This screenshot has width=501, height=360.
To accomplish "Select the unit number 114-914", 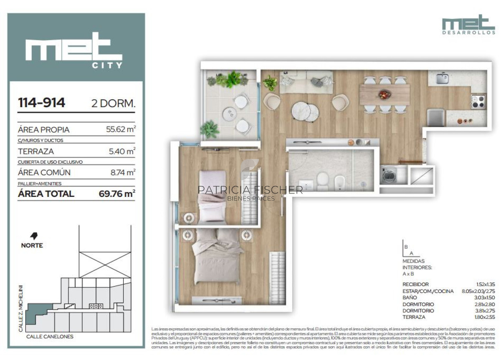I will click(41, 103).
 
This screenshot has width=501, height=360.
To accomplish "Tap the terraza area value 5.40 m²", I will click(121, 151).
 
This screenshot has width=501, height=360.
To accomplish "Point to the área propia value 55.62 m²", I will click(121, 130).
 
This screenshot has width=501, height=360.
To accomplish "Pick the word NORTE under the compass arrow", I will click(32, 245).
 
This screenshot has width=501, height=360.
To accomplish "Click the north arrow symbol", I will click(33, 236).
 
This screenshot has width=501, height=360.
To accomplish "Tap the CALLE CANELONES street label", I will click(50, 336).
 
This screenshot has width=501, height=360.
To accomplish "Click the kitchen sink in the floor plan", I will click(443, 78).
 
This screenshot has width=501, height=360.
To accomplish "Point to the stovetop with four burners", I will click(478, 101).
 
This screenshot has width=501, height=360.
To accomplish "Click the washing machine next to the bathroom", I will click(388, 176).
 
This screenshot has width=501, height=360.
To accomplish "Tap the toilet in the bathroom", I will click(322, 180).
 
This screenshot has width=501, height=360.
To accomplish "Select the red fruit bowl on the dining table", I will click(384, 95).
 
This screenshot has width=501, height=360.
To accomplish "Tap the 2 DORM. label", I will click(113, 104).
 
